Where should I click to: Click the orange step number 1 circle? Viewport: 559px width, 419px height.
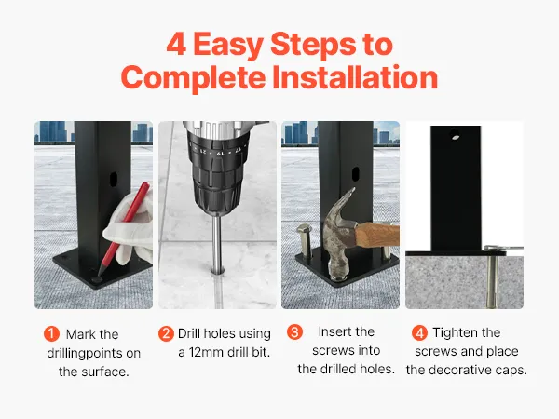coord(51,334)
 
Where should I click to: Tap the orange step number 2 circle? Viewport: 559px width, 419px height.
coord(166,334)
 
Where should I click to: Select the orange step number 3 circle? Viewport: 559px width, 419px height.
coord(294,331)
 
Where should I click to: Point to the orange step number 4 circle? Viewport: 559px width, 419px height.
coord(419,332)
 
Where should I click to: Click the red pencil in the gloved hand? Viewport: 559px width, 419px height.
coord(124,228)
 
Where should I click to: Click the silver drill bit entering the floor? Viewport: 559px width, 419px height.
coord(216,244)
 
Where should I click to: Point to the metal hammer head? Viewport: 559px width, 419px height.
coord(339,232)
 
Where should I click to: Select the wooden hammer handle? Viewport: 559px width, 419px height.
coord(378,235)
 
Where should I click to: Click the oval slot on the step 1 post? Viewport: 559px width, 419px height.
coord(114,180)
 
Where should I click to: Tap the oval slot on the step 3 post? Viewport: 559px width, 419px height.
coord(356,174)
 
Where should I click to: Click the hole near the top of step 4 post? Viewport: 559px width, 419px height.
coord(455,135)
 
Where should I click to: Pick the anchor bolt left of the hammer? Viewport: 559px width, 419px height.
coord(304,240)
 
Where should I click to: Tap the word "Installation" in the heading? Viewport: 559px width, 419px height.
coord(355,77)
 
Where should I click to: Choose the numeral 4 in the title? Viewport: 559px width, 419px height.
coord(176,44)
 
